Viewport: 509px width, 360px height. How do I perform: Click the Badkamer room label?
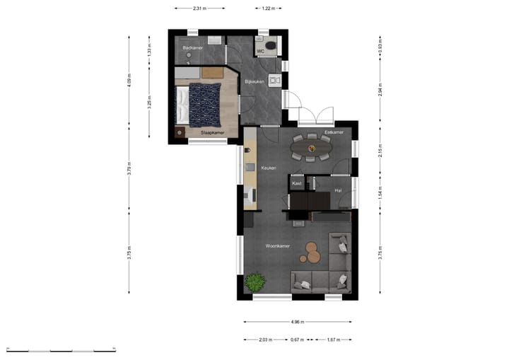193,47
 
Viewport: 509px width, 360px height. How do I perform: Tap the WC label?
260,51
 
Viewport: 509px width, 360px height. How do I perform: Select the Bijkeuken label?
255,82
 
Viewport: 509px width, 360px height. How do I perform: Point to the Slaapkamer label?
212,132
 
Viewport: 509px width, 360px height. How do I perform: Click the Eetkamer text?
334,132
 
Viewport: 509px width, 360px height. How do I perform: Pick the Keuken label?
268,168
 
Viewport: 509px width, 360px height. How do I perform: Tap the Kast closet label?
297,184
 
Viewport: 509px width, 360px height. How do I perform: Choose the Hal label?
338,190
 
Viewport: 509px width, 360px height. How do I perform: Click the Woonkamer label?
278,246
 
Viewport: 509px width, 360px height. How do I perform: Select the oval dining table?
310,147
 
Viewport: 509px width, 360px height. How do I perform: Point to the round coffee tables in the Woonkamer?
312,251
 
